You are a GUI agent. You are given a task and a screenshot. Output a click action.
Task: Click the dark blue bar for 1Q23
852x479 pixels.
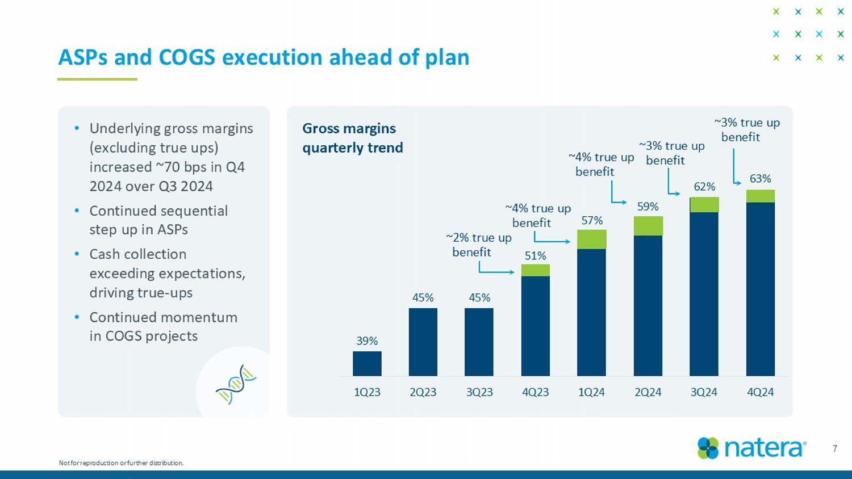367,363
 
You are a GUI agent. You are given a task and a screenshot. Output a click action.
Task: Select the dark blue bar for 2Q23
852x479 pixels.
423,342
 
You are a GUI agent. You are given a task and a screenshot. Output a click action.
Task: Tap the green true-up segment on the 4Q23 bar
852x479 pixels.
535,270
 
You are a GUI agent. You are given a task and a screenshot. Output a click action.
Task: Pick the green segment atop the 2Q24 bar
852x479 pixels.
648,226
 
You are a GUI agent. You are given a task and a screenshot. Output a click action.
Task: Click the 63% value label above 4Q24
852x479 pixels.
760,179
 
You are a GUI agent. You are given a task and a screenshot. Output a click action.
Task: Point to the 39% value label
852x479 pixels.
367,341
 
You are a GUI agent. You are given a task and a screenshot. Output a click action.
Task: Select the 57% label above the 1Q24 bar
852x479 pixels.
592,220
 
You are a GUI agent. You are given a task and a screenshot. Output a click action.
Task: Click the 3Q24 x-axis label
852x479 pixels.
704,392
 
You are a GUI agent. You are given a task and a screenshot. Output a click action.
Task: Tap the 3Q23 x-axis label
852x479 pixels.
479,392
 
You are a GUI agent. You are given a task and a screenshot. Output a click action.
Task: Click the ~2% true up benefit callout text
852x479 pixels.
478,245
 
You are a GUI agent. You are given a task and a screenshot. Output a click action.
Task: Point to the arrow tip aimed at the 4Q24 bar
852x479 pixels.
740,183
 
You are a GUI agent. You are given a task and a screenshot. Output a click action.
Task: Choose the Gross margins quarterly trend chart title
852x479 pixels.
353,138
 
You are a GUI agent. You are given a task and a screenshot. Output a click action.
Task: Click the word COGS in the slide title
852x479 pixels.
186,57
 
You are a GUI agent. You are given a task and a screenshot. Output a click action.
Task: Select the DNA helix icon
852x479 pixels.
236,384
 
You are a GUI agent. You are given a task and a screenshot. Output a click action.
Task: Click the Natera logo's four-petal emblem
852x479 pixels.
708,448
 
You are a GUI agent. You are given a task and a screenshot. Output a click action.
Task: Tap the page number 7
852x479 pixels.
834,448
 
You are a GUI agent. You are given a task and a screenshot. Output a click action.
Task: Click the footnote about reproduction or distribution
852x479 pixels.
121,463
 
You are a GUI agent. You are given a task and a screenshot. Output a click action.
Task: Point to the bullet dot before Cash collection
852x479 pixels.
77,254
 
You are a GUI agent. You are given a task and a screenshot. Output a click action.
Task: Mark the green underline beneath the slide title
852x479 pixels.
97,79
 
